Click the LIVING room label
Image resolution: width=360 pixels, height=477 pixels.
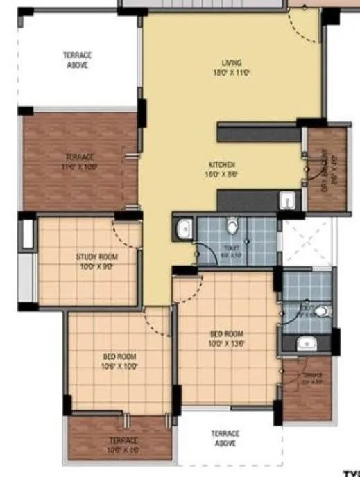click(228, 67)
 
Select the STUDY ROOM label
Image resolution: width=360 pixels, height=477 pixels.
click(96, 261)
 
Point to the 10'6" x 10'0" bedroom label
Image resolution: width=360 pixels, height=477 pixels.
click(119, 361)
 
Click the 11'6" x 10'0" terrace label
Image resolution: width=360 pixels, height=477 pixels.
click(79, 162)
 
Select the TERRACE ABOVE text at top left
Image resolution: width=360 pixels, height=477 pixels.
click(78, 60)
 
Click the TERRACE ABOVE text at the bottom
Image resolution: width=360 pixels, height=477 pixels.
click(225, 438)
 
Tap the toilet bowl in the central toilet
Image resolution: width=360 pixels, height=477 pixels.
click(233, 225)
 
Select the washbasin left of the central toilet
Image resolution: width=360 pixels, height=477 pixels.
click(184, 229)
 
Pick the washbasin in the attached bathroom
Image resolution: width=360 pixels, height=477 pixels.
click(305, 342)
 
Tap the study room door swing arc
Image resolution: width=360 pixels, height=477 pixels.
click(125, 236)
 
